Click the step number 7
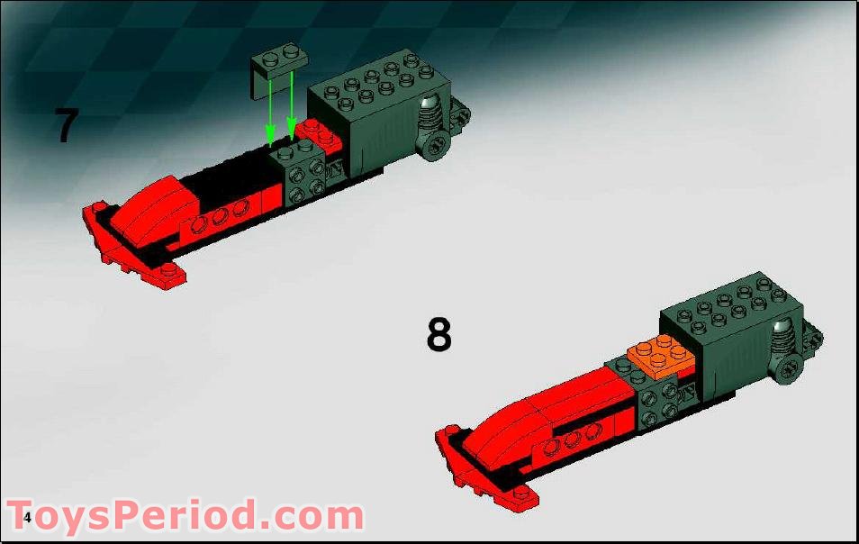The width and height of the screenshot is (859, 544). click(x=65, y=126)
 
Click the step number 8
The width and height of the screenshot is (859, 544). click(x=439, y=335)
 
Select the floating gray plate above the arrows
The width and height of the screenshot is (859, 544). click(x=280, y=59)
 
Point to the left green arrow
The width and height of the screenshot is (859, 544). click(x=269, y=108)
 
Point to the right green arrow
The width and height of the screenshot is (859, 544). click(x=291, y=104)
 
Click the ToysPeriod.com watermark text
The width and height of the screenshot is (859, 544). click(x=185, y=517)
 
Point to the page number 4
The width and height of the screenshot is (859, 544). click(x=28, y=517)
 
